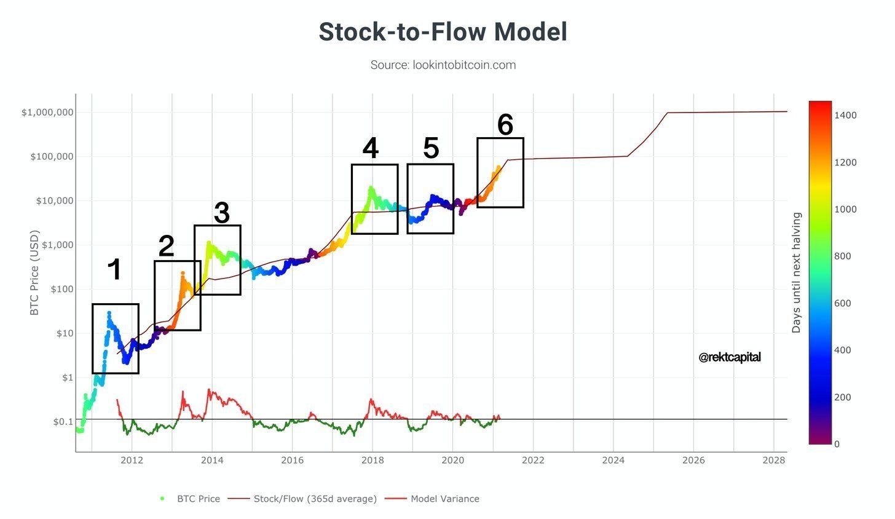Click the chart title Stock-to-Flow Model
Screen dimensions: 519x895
coord(443,32)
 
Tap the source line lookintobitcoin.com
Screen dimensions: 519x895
coord(443,65)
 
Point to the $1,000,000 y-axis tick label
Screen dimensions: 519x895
coord(47,113)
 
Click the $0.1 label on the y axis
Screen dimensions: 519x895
coord(63,422)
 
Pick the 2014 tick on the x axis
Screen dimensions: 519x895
coord(212,460)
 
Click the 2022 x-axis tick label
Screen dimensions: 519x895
coord(533,460)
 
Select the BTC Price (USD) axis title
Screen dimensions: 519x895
coord(34,272)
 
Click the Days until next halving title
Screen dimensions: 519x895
coord(797,272)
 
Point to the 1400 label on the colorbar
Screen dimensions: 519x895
coord(846,116)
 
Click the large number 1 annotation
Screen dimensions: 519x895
coord(114,270)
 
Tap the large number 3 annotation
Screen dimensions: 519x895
coord(221,213)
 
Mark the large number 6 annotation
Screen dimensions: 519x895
coord(505,125)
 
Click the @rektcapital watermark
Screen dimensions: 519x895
coord(730,357)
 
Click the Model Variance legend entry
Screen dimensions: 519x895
coord(444,499)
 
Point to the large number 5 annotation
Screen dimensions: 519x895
coord(431,149)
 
